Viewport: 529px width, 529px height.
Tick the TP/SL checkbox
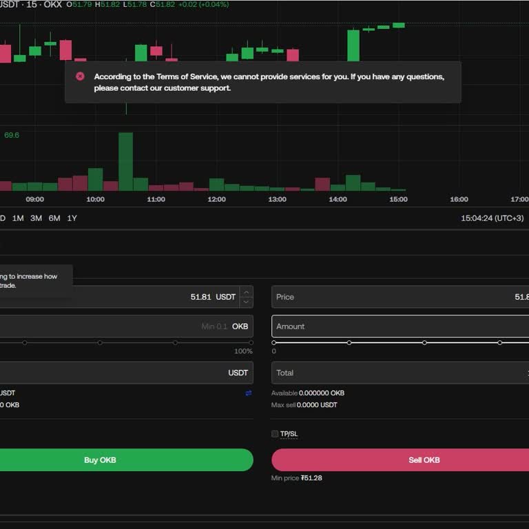275,434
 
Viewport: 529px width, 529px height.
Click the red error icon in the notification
80,76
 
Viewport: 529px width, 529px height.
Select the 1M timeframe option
18,218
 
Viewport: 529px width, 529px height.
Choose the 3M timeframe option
36,218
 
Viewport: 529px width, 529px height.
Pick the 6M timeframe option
54,218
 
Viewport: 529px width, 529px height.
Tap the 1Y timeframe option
72,218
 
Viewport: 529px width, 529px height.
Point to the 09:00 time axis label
34,200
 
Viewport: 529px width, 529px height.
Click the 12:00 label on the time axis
216,200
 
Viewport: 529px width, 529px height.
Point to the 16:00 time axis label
459,200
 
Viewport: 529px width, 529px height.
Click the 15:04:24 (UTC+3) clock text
492,218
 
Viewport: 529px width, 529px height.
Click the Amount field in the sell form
400,326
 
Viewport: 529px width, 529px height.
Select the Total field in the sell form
400,373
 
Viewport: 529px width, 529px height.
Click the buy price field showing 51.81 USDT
124,297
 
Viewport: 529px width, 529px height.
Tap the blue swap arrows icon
248,393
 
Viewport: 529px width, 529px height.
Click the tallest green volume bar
125,161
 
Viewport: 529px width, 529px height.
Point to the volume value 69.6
12,135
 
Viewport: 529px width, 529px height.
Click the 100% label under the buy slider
243,351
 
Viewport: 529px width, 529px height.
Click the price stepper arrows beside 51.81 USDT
247,297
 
